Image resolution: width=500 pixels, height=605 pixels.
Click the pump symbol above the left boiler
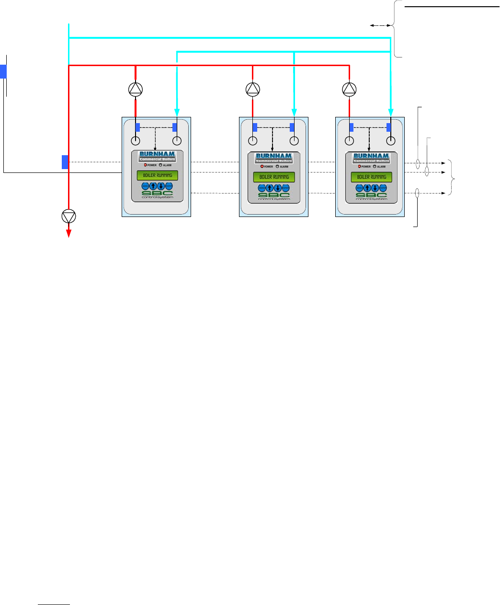point(136,89)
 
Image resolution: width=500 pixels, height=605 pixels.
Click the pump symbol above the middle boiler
point(252,89)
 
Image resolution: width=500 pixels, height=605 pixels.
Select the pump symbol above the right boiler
point(350,89)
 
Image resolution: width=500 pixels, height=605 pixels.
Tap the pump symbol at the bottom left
point(69,217)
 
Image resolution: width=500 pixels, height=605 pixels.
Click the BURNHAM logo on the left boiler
point(157,157)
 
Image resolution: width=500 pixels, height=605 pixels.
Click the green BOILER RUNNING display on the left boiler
point(157,175)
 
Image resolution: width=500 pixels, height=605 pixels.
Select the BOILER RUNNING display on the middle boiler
point(274,177)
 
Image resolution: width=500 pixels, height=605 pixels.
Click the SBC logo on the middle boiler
point(274,195)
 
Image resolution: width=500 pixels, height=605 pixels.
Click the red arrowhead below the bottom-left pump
point(69,233)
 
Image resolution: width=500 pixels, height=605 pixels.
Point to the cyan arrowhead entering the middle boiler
point(294,112)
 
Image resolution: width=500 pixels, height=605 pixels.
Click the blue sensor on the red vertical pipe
point(65,162)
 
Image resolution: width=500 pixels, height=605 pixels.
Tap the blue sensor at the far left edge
point(3,72)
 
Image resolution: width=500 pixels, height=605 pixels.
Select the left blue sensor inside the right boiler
point(352,127)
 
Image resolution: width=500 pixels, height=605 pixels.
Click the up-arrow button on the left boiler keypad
point(153,186)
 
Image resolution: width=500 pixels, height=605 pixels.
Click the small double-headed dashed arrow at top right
point(381,26)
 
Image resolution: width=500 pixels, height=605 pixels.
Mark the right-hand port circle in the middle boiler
point(294,141)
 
